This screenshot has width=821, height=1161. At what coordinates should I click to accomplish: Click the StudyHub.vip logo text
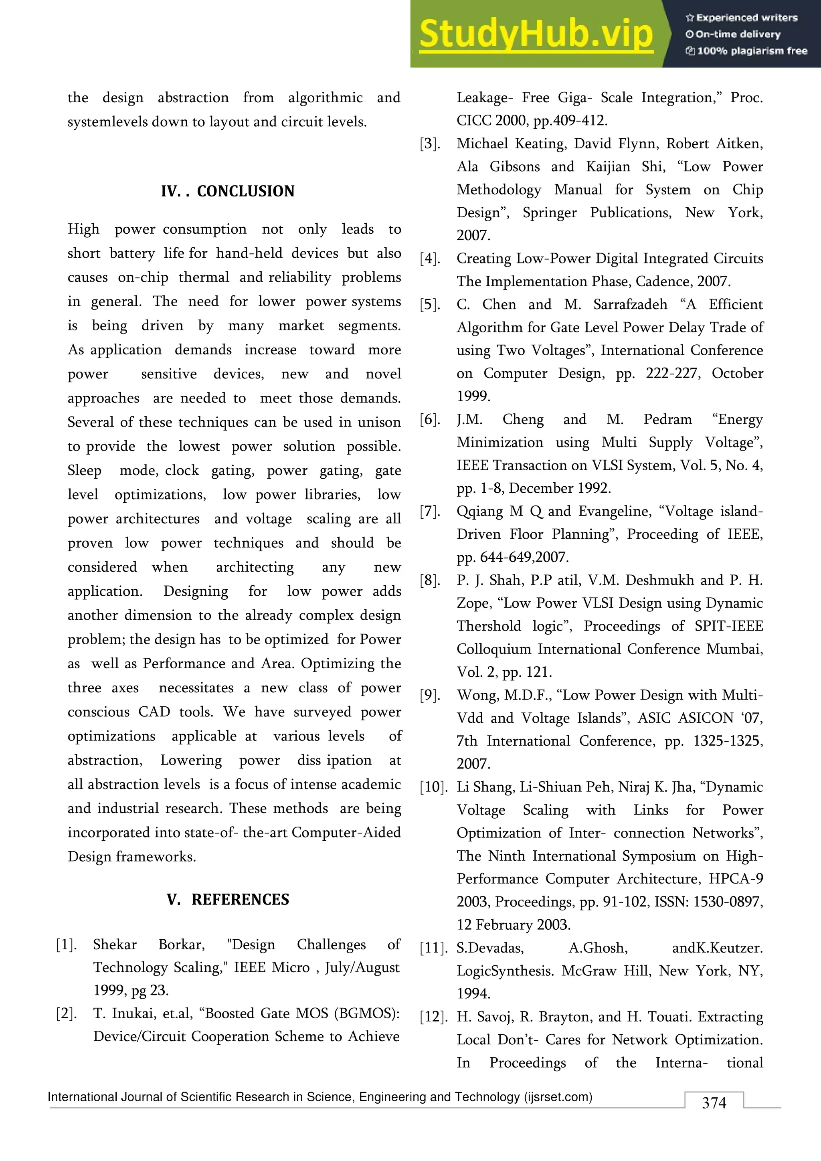pos(536,34)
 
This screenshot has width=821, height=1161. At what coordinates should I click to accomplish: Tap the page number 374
pos(714,1102)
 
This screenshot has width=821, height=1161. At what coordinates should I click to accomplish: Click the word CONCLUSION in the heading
pos(246,191)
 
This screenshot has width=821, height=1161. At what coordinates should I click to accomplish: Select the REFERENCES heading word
pos(240,900)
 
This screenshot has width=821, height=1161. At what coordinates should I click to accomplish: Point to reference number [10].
pos(433,787)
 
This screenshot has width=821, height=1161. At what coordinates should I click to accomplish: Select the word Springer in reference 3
pos(550,212)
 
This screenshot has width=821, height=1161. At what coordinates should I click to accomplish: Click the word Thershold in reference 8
pos(488,626)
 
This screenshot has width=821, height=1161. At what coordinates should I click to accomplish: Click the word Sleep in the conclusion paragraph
pos(85,470)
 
